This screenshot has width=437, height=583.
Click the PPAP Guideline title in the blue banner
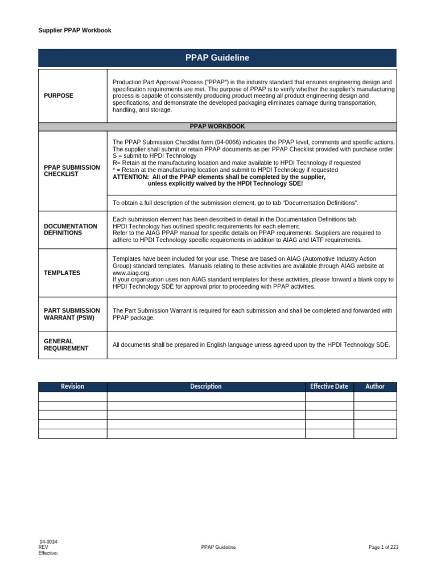pos(217,58)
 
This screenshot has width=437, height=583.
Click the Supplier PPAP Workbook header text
pos(75,30)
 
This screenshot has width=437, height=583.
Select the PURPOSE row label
pos(59,96)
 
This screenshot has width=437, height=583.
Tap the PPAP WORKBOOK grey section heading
pos(217,126)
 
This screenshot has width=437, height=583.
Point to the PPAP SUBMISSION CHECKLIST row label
pos(72,170)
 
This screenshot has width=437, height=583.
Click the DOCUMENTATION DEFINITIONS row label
pos(71,229)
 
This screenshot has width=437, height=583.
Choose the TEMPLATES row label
pos(62,273)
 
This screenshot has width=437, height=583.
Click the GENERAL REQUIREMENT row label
pos(66,344)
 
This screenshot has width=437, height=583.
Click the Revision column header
pos(72,387)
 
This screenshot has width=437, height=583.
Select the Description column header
pos(205,387)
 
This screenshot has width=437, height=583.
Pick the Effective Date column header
pos(329,387)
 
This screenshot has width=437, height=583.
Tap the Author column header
pos(375,387)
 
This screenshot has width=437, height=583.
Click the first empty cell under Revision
pos(72,396)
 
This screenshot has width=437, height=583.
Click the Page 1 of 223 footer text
pos(384,547)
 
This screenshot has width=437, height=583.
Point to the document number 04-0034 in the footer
pos(48,541)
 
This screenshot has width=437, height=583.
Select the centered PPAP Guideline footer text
pos(218,547)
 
